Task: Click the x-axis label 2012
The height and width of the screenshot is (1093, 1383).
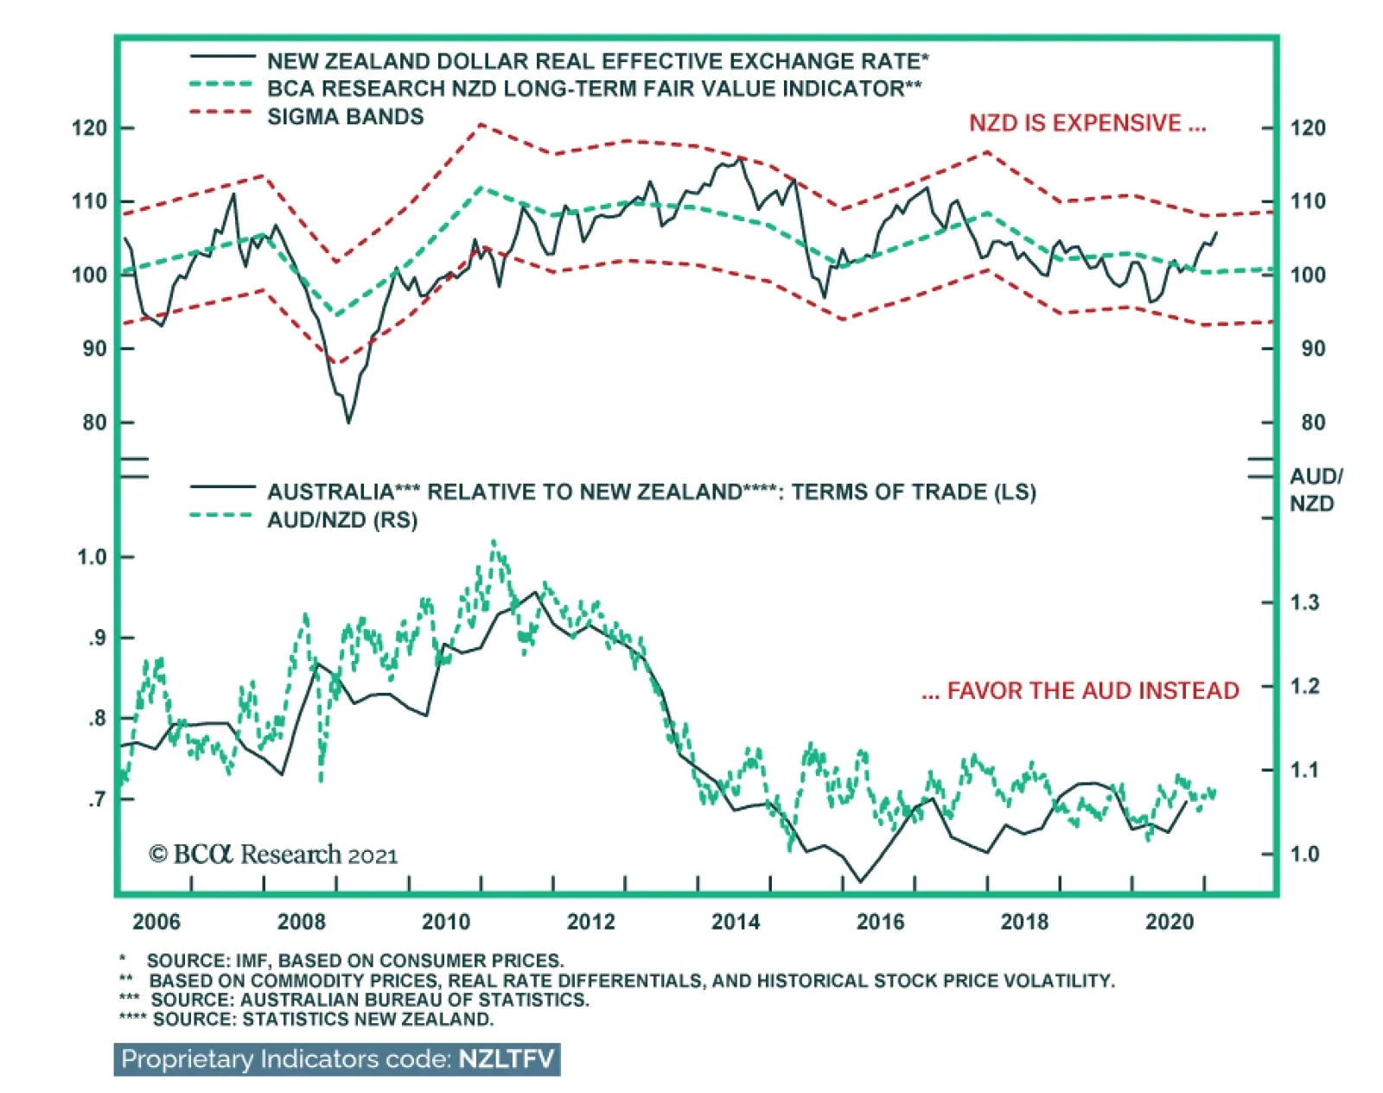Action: pos(590,921)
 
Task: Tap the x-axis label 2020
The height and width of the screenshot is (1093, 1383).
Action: pos(1169,921)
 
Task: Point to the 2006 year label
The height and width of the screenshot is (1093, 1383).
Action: pos(156,921)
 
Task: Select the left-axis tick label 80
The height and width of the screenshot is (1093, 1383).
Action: pos(95,423)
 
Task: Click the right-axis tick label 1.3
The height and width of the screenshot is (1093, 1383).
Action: pos(1304,602)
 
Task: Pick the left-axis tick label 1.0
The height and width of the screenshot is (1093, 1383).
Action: pos(92,556)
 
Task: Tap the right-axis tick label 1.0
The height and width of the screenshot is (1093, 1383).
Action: pos(1304,854)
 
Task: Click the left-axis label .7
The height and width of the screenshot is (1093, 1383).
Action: pos(98,799)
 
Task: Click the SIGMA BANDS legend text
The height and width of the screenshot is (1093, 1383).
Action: pos(345,117)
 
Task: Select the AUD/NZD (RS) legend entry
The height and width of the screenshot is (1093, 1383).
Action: pos(341,520)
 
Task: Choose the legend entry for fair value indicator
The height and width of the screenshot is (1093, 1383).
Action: pos(594,88)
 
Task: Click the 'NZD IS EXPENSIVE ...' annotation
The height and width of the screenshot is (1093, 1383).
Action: pos(1087,124)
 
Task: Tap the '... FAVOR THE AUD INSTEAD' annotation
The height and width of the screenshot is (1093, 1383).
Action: pos(1080,690)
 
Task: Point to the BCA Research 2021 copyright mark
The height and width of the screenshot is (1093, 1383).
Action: pos(273,855)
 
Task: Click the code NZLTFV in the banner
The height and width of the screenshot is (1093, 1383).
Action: pos(506,1059)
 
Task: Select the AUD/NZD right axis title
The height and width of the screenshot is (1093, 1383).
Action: pos(1315,490)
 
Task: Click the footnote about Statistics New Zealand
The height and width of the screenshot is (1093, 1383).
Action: pos(307,1019)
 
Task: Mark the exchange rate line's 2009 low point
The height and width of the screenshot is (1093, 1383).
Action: pos(348,423)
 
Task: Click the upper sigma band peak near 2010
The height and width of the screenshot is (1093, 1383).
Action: pos(481,124)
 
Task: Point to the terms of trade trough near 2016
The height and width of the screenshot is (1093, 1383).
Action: pos(860,882)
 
